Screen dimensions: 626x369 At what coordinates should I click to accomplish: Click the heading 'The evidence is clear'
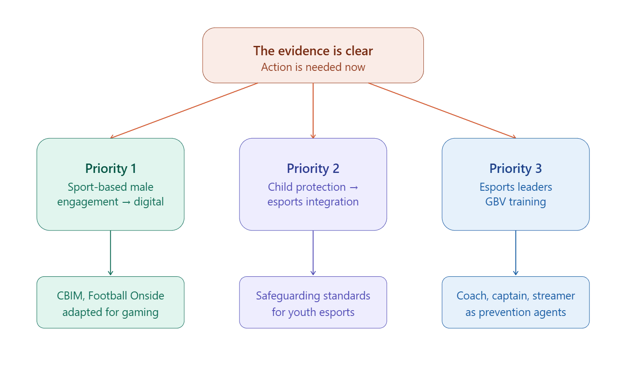[x=313, y=51]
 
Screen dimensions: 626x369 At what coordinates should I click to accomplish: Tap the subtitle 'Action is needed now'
[x=313, y=67]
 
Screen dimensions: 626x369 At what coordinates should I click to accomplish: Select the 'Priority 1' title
[x=111, y=168]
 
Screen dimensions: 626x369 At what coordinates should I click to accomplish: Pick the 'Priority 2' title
[x=313, y=168]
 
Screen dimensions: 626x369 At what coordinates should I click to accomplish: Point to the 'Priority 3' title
[x=516, y=168]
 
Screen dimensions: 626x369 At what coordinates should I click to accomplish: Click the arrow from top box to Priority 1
[x=184, y=111]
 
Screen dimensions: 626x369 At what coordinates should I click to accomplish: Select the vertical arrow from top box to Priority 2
[x=313, y=111]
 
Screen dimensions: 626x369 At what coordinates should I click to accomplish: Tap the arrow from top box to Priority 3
[x=442, y=111]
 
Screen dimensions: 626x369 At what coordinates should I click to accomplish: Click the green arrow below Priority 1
[x=110, y=253]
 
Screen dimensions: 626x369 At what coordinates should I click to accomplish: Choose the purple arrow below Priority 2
[x=313, y=253]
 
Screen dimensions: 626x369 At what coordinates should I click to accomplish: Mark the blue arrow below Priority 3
[x=516, y=253]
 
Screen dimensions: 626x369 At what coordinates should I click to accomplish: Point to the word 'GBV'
[x=496, y=202]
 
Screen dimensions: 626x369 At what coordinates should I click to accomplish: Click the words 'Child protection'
[x=307, y=187]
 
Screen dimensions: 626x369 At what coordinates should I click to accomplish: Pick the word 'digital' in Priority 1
[x=149, y=202]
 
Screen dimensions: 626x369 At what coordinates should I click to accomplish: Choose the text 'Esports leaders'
[x=516, y=187]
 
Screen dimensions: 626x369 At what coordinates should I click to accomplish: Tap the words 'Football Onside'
[x=126, y=296]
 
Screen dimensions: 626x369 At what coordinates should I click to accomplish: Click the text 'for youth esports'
[x=313, y=312]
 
